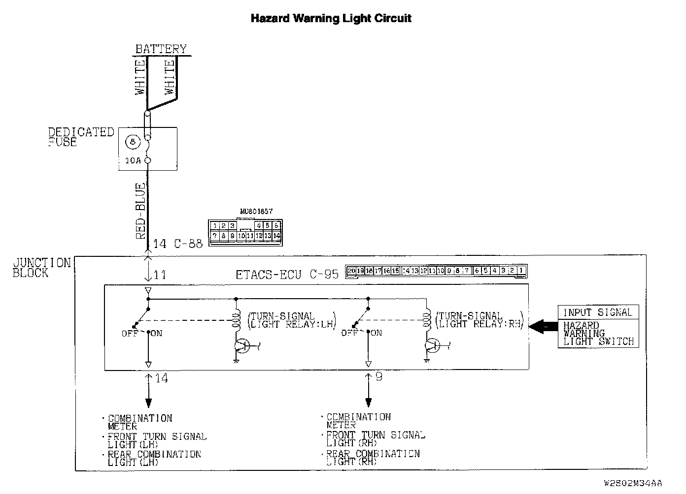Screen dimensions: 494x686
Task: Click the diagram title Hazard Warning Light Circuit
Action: [331, 19]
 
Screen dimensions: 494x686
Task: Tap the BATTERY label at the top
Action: [161, 49]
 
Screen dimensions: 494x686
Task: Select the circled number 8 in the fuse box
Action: [132, 142]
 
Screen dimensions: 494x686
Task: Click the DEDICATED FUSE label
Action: [81, 137]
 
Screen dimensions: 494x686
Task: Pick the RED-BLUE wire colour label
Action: [141, 211]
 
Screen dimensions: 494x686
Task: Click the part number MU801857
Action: [256, 212]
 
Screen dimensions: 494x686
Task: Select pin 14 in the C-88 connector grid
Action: [277, 236]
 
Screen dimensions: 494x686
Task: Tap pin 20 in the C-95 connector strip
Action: [351, 271]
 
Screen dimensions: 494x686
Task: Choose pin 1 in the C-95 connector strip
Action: [521, 271]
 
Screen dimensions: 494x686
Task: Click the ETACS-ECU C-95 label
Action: [287, 275]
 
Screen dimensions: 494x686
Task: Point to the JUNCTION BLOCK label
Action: [42, 268]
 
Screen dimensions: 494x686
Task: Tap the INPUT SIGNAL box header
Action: [597, 312]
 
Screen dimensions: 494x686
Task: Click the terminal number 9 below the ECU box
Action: [378, 377]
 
